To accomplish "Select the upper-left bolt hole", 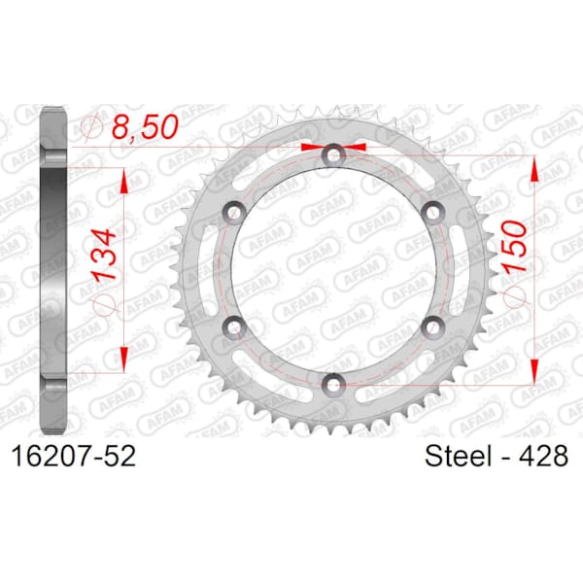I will tap(233, 211).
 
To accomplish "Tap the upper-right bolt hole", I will tap(433, 211).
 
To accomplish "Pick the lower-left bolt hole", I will tap(233, 326).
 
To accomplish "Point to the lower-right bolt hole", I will tap(433, 326).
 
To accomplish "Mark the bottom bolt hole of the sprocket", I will tap(333, 382).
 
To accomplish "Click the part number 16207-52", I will tap(72, 456).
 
